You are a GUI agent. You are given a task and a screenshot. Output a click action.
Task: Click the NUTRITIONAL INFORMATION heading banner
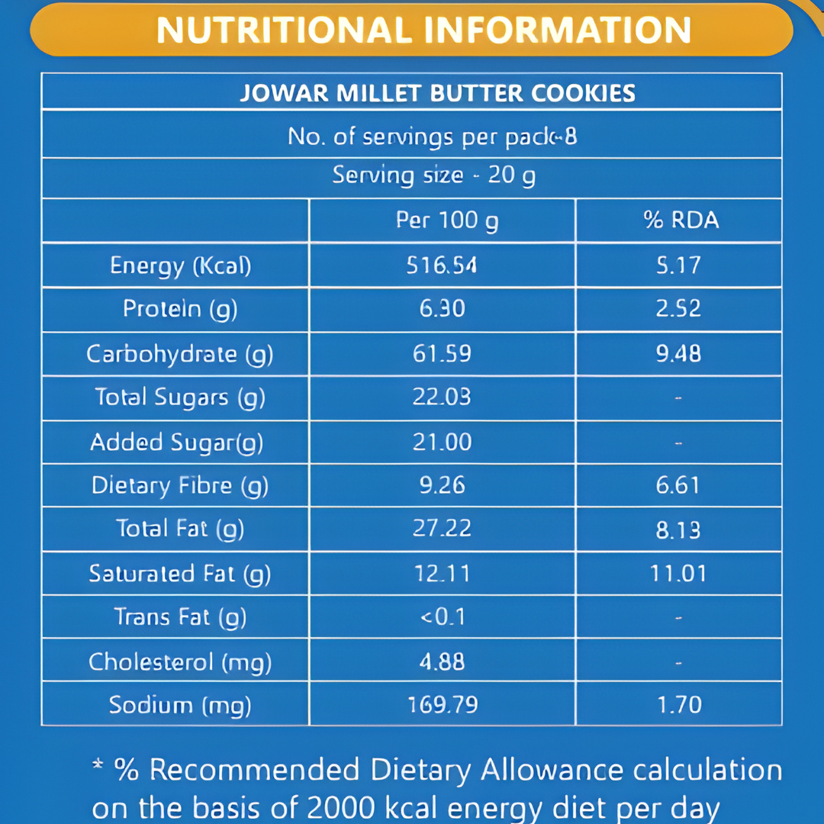click(423, 31)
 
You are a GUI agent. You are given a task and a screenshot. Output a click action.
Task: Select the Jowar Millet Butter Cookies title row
click(437, 93)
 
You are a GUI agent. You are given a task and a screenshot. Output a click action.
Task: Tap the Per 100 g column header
click(446, 221)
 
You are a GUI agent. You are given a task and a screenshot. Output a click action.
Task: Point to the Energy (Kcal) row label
click(180, 266)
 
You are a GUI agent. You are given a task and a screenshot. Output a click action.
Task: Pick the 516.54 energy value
click(442, 266)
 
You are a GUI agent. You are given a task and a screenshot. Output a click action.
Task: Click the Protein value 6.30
click(442, 309)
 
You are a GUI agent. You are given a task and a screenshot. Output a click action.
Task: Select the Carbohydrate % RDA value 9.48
click(678, 354)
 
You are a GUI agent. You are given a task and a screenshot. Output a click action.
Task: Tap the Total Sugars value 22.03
click(442, 398)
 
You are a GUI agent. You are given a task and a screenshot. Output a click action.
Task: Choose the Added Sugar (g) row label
click(177, 443)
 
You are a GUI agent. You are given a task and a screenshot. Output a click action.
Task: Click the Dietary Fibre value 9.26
click(442, 485)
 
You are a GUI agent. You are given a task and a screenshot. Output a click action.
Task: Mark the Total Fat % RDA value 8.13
click(678, 529)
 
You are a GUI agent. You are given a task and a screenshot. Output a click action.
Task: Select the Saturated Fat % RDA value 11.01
click(678, 573)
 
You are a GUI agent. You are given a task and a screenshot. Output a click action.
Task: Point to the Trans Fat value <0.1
click(443, 616)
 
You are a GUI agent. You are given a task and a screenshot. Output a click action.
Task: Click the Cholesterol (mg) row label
click(180, 661)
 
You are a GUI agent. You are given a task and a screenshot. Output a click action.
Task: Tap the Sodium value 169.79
click(442, 704)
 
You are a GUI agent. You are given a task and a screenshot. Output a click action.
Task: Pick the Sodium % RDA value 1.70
click(678, 704)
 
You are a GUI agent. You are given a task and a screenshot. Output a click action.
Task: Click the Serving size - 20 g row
click(433, 176)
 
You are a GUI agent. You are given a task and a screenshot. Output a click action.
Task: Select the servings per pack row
click(432, 137)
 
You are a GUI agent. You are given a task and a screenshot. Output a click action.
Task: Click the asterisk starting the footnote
click(98, 765)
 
